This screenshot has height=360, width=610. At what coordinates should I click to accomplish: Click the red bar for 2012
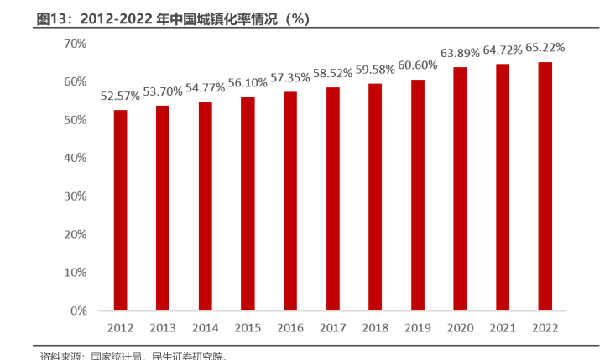coord(121,210)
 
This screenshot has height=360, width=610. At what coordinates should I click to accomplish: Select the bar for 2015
coord(248,204)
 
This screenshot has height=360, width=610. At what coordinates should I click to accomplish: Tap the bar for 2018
coord(375,197)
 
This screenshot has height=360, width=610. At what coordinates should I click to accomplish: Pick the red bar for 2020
coord(460,189)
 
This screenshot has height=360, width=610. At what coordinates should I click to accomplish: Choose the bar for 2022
coord(545,186)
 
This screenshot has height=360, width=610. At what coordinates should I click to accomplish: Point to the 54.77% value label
coord(206,88)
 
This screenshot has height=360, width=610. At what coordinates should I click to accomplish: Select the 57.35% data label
coord(290,77)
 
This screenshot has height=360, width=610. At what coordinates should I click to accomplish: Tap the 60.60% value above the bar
coord(417,65)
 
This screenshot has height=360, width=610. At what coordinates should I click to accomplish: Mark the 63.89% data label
coord(460,53)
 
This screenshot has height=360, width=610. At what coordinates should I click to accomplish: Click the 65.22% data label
coord(545,48)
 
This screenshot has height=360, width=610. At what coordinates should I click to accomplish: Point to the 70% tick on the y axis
coord(75,43)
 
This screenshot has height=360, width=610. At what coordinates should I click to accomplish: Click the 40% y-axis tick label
coord(75,158)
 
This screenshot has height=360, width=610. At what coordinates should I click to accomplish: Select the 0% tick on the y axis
coord(78,310)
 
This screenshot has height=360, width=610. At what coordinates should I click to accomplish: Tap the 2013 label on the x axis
coord(163,328)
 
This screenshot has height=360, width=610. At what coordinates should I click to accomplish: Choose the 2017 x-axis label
coord(332,328)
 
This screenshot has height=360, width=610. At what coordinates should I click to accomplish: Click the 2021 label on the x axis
coord(502,328)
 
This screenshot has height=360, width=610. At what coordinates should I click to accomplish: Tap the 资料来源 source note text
coord(60,356)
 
